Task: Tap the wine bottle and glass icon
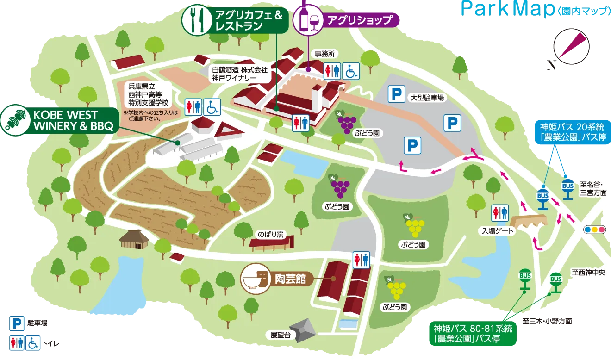(x=308, y=19)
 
